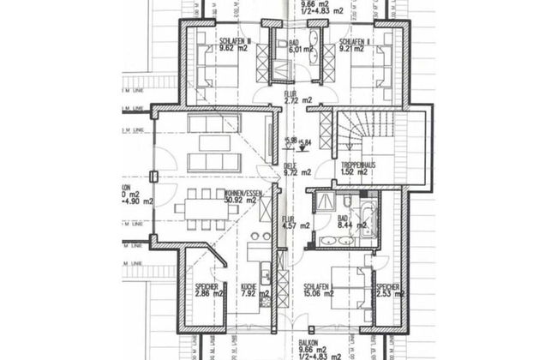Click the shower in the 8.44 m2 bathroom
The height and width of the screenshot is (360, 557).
326,202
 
